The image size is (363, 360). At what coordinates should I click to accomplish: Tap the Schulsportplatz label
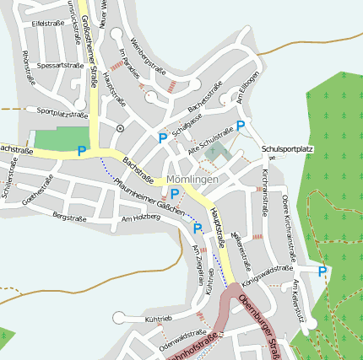287,149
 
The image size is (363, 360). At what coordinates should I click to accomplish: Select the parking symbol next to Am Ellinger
241,126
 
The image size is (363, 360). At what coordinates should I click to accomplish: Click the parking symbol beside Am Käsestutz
322,271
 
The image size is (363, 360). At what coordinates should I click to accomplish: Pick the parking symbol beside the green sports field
81,151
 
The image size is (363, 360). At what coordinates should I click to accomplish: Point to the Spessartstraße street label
61,64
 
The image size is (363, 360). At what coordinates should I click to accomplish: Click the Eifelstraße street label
48,24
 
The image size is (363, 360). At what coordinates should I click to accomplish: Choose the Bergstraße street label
70,216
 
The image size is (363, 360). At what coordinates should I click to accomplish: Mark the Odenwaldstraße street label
182,336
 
